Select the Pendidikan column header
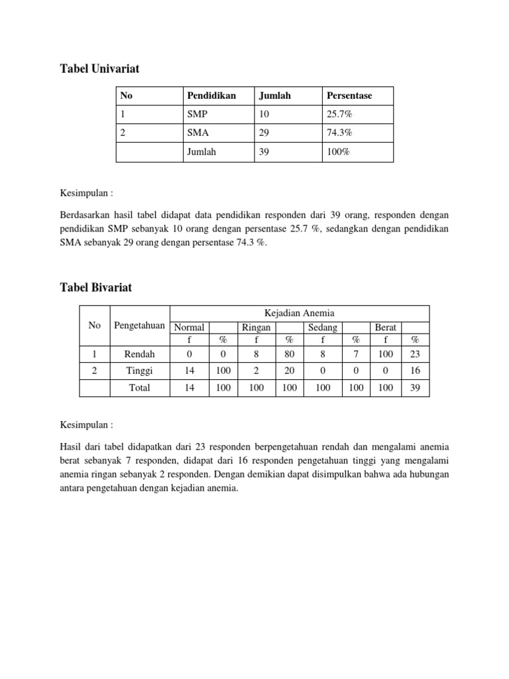[x=211, y=95]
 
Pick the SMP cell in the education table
[x=198, y=114]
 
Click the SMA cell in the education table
[x=198, y=133]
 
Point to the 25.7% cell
[x=339, y=114]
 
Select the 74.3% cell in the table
[x=339, y=133]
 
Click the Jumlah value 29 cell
[x=264, y=133]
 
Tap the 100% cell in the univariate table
[x=337, y=152]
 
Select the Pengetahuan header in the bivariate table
[x=139, y=325]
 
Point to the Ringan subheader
[x=256, y=328]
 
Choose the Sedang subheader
[x=323, y=328]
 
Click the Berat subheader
[x=385, y=328]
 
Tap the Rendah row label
[x=139, y=354]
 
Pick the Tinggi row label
[x=139, y=371]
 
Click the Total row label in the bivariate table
[x=139, y=388]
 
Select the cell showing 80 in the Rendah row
[x=289, y=354]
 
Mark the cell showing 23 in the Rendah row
[x=416, y=354]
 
